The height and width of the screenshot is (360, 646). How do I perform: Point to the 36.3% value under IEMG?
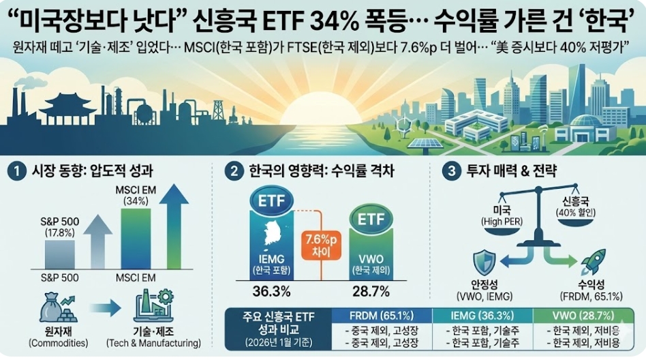pos(272,291)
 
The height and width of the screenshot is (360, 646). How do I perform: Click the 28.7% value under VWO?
pos(371,291)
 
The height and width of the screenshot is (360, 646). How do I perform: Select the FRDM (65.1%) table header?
pos(381,316)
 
